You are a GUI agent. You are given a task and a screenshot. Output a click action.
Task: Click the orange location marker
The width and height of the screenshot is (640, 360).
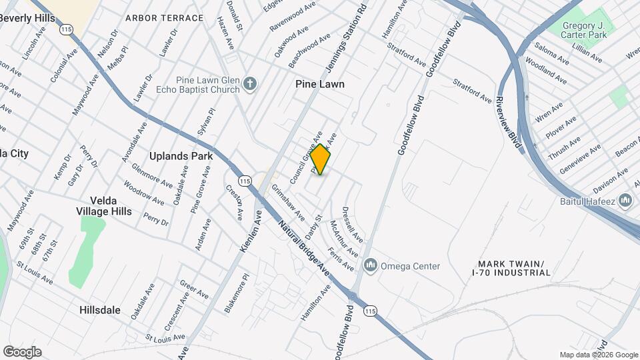[321, 159]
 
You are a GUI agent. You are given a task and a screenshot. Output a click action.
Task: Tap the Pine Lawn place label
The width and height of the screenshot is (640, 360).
[320, 84]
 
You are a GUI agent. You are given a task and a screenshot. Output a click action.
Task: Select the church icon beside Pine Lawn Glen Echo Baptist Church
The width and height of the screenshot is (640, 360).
[250, 83]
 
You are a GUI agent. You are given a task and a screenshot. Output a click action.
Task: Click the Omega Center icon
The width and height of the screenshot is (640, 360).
[371, 266]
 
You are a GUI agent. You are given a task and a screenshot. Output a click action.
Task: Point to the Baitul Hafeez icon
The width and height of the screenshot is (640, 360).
[625, 200]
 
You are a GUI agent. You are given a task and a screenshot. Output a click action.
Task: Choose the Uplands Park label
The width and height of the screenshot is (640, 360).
[181, 156]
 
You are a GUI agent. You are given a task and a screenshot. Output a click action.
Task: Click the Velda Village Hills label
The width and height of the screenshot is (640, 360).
[121, 206]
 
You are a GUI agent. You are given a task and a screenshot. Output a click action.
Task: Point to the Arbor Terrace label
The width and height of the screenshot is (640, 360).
[164, 18]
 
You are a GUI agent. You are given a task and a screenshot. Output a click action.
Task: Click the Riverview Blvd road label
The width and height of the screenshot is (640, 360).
[507, 121]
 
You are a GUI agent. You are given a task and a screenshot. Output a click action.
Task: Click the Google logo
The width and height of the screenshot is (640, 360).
[22, 351]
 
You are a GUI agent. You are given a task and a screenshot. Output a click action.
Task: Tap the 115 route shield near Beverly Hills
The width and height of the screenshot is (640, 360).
[66, 29]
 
